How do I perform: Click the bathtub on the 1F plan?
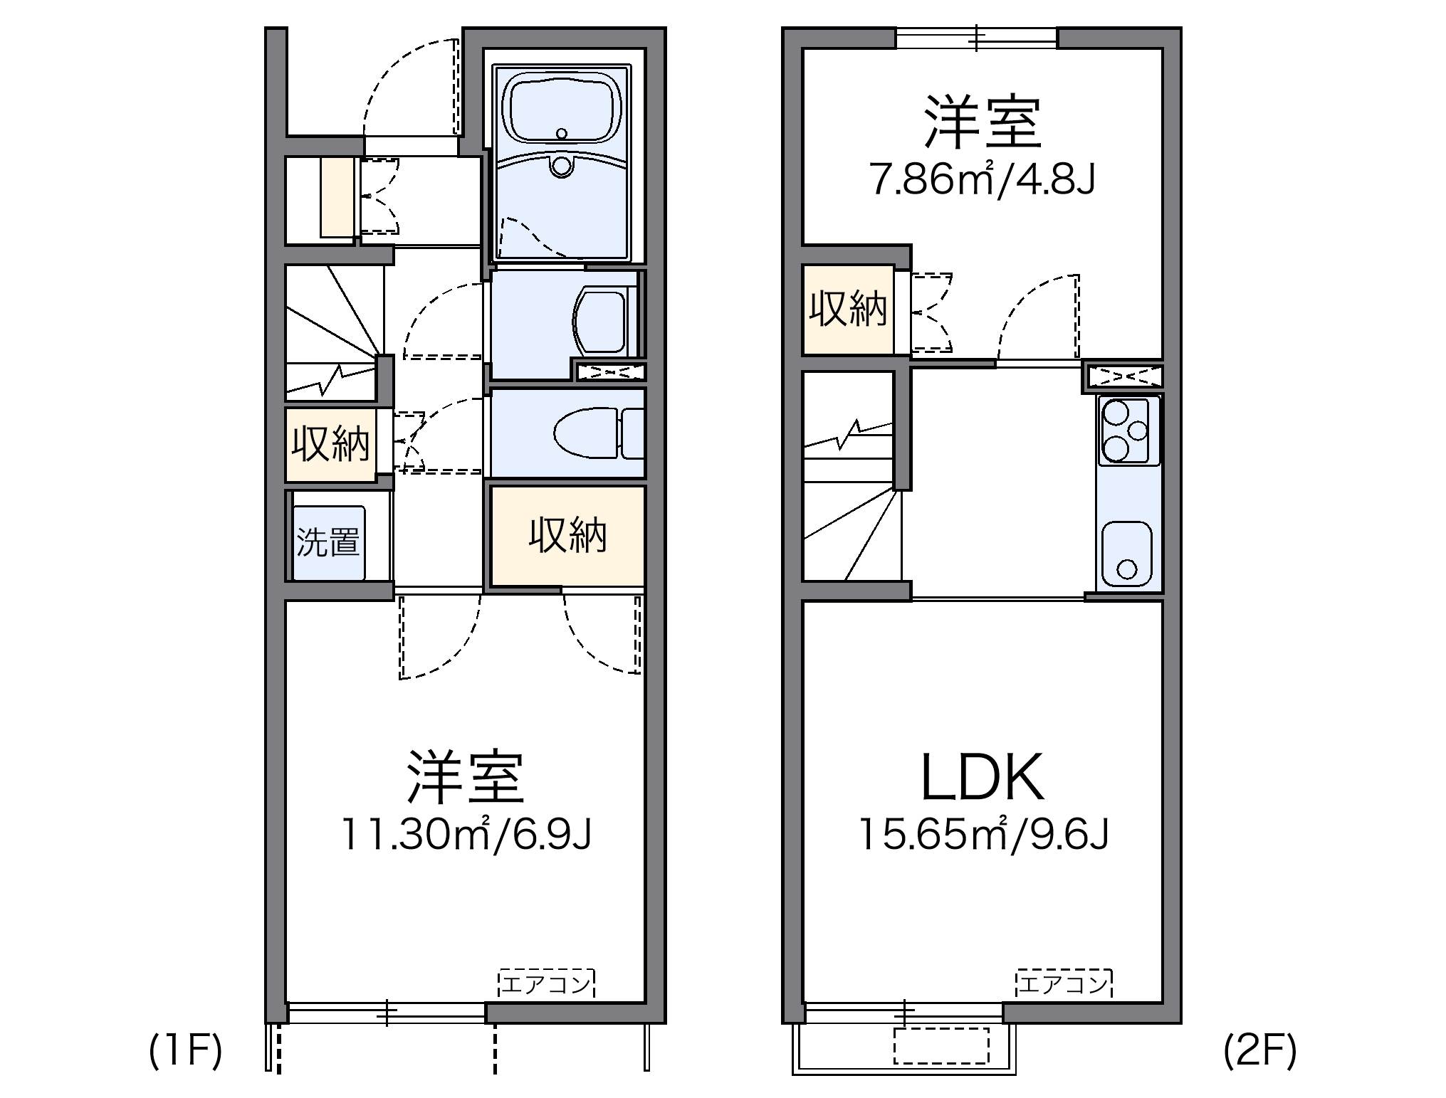point(562,114)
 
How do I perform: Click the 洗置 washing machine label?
point(328,543)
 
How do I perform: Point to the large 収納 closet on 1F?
point(567,535)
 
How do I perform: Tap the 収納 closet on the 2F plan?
point(847,310)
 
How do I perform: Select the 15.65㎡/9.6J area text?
point(984,834)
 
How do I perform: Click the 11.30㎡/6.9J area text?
point(466,834)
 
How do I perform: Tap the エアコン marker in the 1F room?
point(546,984)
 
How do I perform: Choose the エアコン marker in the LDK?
point(1064,984)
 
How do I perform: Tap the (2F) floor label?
point(1259,1051)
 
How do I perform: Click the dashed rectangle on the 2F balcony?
point(941,1045)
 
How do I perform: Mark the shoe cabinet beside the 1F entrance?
point(337,197)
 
